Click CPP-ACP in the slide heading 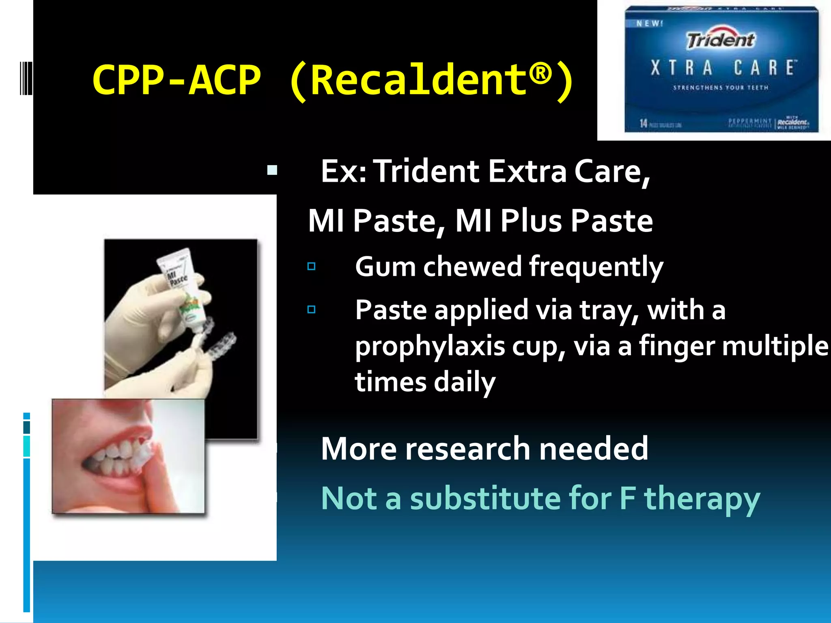pos(176,80)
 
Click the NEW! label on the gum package pos(649,24)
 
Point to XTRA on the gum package pos(682,68)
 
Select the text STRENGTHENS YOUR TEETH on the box pos(721,88)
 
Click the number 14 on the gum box pos(644,123)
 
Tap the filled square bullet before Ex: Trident pos(272,170)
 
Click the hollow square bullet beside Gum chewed pos(311,266)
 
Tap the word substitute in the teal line pos(485,498)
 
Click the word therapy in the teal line pos(702,499)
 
